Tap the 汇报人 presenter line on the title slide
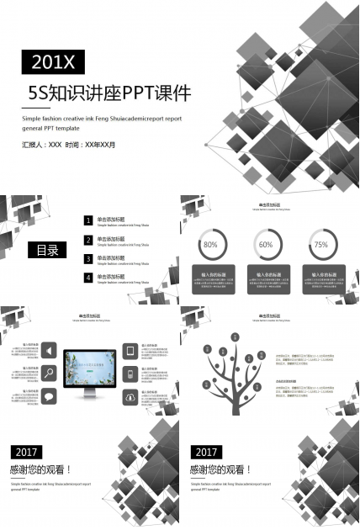[69, 145]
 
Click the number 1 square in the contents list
[88, 220]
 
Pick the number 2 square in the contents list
[88, 240]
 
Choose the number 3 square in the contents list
[88, 259]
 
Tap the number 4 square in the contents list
[88, 278]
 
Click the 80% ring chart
[210, 244]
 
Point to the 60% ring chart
[266, 244]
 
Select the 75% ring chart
[320, 244]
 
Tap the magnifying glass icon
[50, 374]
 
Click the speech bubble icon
[50, 396]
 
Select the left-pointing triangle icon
[50, 351]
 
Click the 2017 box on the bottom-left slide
[28, 452]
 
